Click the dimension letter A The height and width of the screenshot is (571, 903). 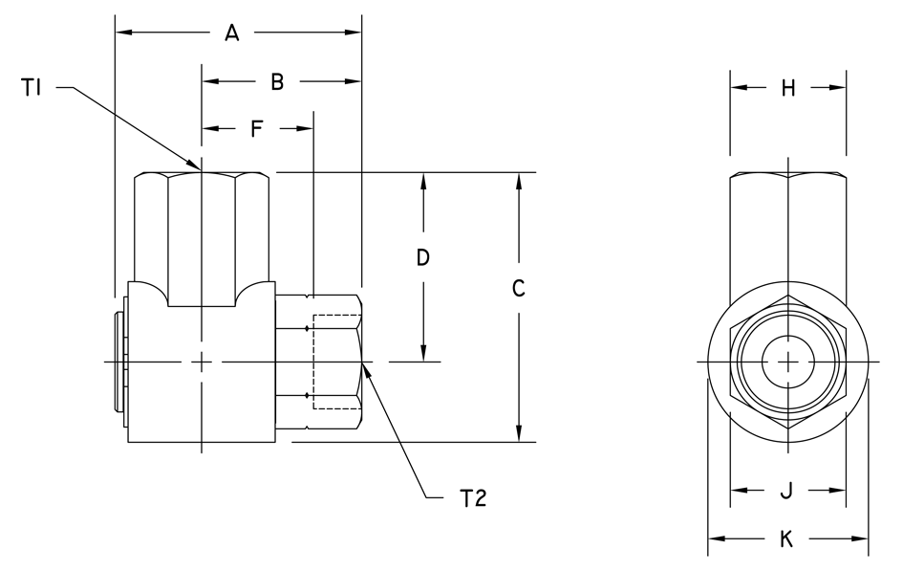[x=231, y=33]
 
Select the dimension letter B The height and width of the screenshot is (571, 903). [x=277, y=83]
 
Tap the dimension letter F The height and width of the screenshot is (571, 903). [x=256, y=128]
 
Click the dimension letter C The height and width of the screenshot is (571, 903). [x=518, y=288]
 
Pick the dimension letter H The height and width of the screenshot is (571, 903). [x=788, y=88]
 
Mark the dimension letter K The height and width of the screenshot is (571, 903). [x=787, y=540]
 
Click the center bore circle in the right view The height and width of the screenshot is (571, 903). [x=787, y=362]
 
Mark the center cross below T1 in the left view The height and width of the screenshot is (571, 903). [x=203, y=362]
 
